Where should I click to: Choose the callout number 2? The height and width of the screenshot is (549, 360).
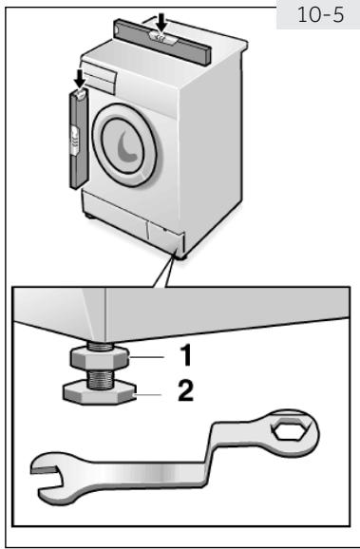(186, 388)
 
